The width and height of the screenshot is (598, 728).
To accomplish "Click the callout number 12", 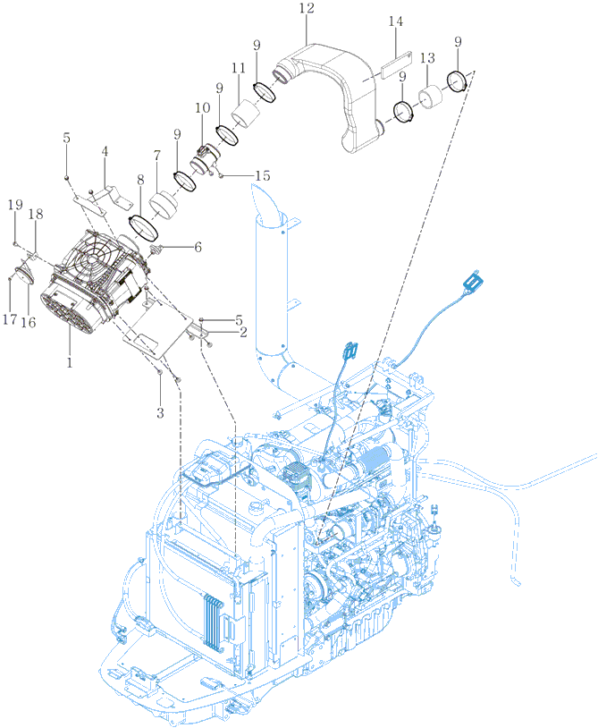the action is click(x=307, y=8).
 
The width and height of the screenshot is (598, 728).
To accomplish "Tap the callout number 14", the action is click(x=396, y=21).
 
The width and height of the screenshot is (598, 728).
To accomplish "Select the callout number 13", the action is click(x=427, y=58).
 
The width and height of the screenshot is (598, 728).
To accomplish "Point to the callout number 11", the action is click(x=239, y=68).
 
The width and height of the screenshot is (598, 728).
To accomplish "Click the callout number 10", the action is click(x=202, y=107).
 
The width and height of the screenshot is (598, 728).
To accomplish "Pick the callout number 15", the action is click(x=263, y=175).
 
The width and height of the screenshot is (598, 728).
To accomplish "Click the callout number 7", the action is click(x=156, y=156).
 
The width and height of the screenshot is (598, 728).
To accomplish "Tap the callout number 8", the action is click(x=140, y=180).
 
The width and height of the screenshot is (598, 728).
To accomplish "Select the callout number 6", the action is click(x=198, y=247).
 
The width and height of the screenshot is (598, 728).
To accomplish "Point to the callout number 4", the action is click(x=105, y=151).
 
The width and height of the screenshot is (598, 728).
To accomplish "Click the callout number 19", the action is click(x=15, y=205).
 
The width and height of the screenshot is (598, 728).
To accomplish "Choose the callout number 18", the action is click(x=36, y=214).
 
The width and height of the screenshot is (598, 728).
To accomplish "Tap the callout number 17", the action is click(x=10, y=319).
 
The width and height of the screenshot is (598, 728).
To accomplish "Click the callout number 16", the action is click(x=29, y=322).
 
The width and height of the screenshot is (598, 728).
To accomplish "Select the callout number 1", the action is click(x=70, y=362).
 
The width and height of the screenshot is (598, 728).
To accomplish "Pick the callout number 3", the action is click(x=160, y=413).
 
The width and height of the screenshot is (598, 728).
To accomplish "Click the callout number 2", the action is click(x=243, y=333).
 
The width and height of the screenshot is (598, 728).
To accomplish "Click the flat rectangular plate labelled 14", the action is click(x=396, y=63).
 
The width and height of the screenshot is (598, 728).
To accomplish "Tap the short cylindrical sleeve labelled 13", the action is click(x=431, y=96).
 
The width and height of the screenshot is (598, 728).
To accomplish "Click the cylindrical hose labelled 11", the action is click(x=246, y=114).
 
